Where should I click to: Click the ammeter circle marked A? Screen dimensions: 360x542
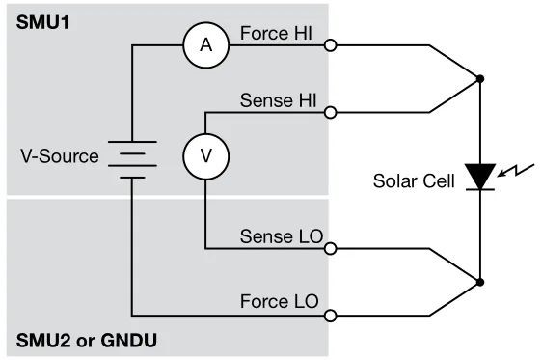[204, 45]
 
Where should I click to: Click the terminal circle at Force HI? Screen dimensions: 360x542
[331, 45]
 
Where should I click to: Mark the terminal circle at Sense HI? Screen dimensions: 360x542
[331, 112]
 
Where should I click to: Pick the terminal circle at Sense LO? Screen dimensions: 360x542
[331, 249]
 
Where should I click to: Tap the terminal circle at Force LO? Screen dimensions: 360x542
[331, 315]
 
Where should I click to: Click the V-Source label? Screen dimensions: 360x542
[59, 156]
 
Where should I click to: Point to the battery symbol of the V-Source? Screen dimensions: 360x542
[131, 156]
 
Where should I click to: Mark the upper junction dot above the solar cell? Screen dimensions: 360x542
[479, 79]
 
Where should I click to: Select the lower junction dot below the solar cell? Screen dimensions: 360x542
[479, 282]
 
